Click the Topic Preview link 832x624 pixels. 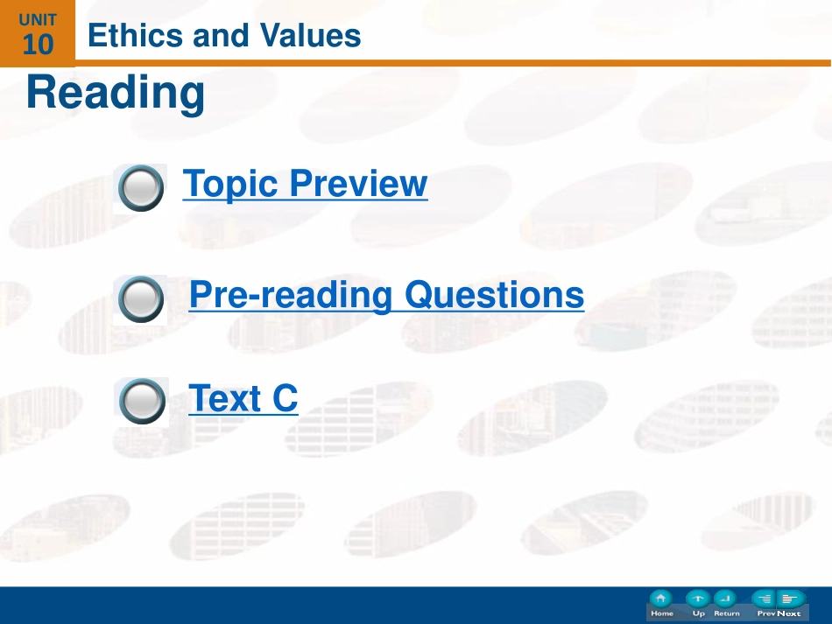pos(305,184)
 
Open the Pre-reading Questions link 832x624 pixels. pos(386,295)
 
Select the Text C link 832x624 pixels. pos(243,397)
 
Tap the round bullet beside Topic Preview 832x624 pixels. pos(141,188)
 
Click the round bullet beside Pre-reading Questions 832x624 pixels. pos(141,299)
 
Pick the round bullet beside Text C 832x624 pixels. pos(142,402)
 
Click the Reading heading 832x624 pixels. pos(115,94)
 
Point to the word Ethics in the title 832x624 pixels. pos(135,36)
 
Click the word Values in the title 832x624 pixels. pos(310,36)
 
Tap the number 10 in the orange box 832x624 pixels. pos(38,45)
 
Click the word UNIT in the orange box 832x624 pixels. pos(38,20)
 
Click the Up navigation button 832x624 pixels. pos(698,604)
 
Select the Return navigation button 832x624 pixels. pos(726,604)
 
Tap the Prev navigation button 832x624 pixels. pos(765,604)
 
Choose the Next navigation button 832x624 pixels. pos(790,604)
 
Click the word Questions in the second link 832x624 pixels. pos(495,295)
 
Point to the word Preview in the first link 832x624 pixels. pos(359,184)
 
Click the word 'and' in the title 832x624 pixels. pos(221,36)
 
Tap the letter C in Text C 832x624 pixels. pos(286,397)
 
